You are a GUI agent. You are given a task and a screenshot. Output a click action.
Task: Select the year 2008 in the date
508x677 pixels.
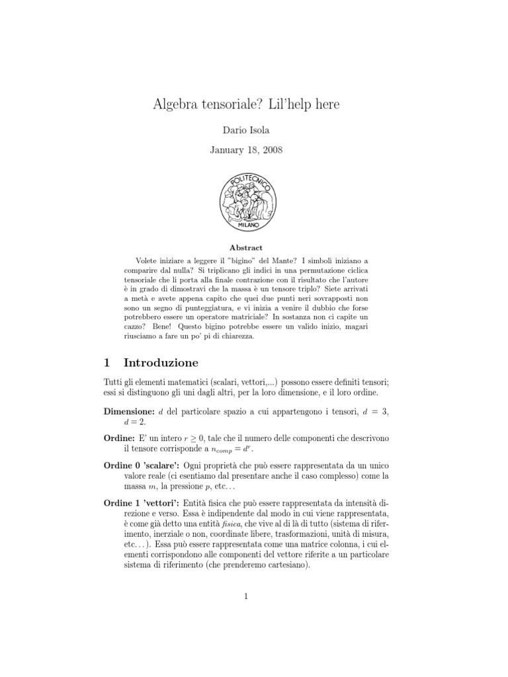[x=271, y=151]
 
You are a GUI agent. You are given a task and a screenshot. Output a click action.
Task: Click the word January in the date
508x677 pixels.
[x=229, y=151]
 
